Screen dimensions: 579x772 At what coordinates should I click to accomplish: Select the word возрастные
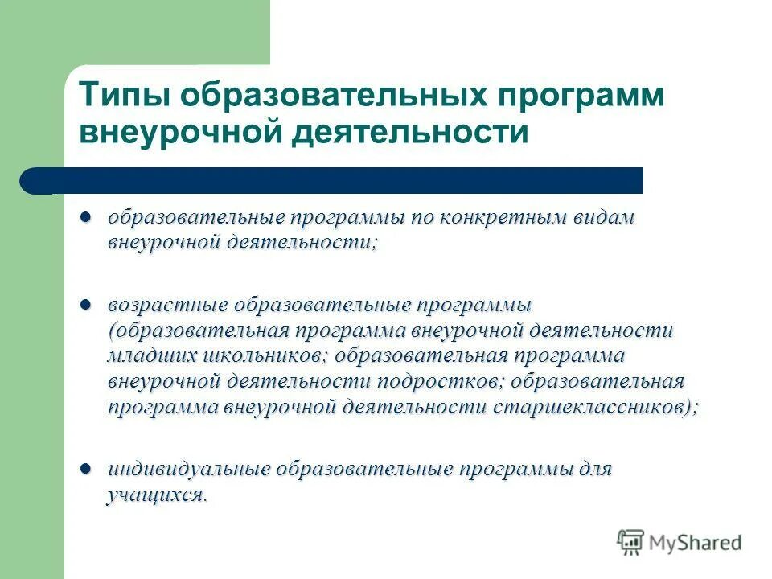click(x=166, y=306)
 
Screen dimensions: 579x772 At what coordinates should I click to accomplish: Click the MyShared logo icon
click(x=631, y=543)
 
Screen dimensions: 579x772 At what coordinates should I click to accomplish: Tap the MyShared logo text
click(x=696, y=543)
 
